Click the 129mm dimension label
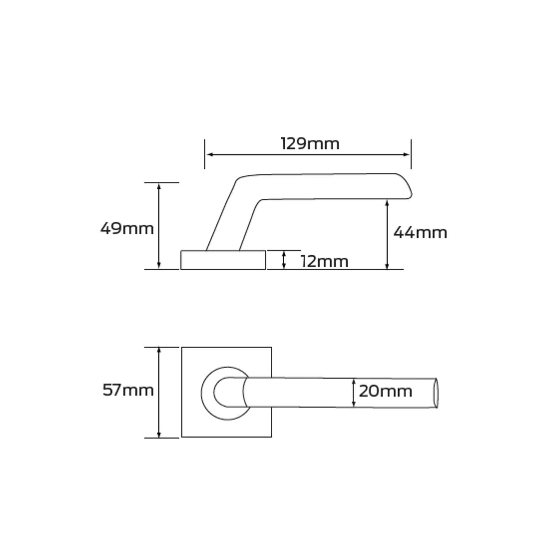click(x=310, y=144)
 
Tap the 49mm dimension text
click(x=127, y=229)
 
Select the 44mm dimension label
click(x=420, y=232)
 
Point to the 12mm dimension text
click(x=324, y=261)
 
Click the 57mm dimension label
click(x=128, y=390)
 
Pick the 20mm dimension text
click(x=385, y=391)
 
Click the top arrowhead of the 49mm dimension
click(x=159, y=186)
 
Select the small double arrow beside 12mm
click(x=284, y=260)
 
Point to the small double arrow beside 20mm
click(x=354, y=393)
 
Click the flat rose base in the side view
click(x=223, y=260)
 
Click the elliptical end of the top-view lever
click(x=436, y=393)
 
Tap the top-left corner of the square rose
click(x=182, y=348)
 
